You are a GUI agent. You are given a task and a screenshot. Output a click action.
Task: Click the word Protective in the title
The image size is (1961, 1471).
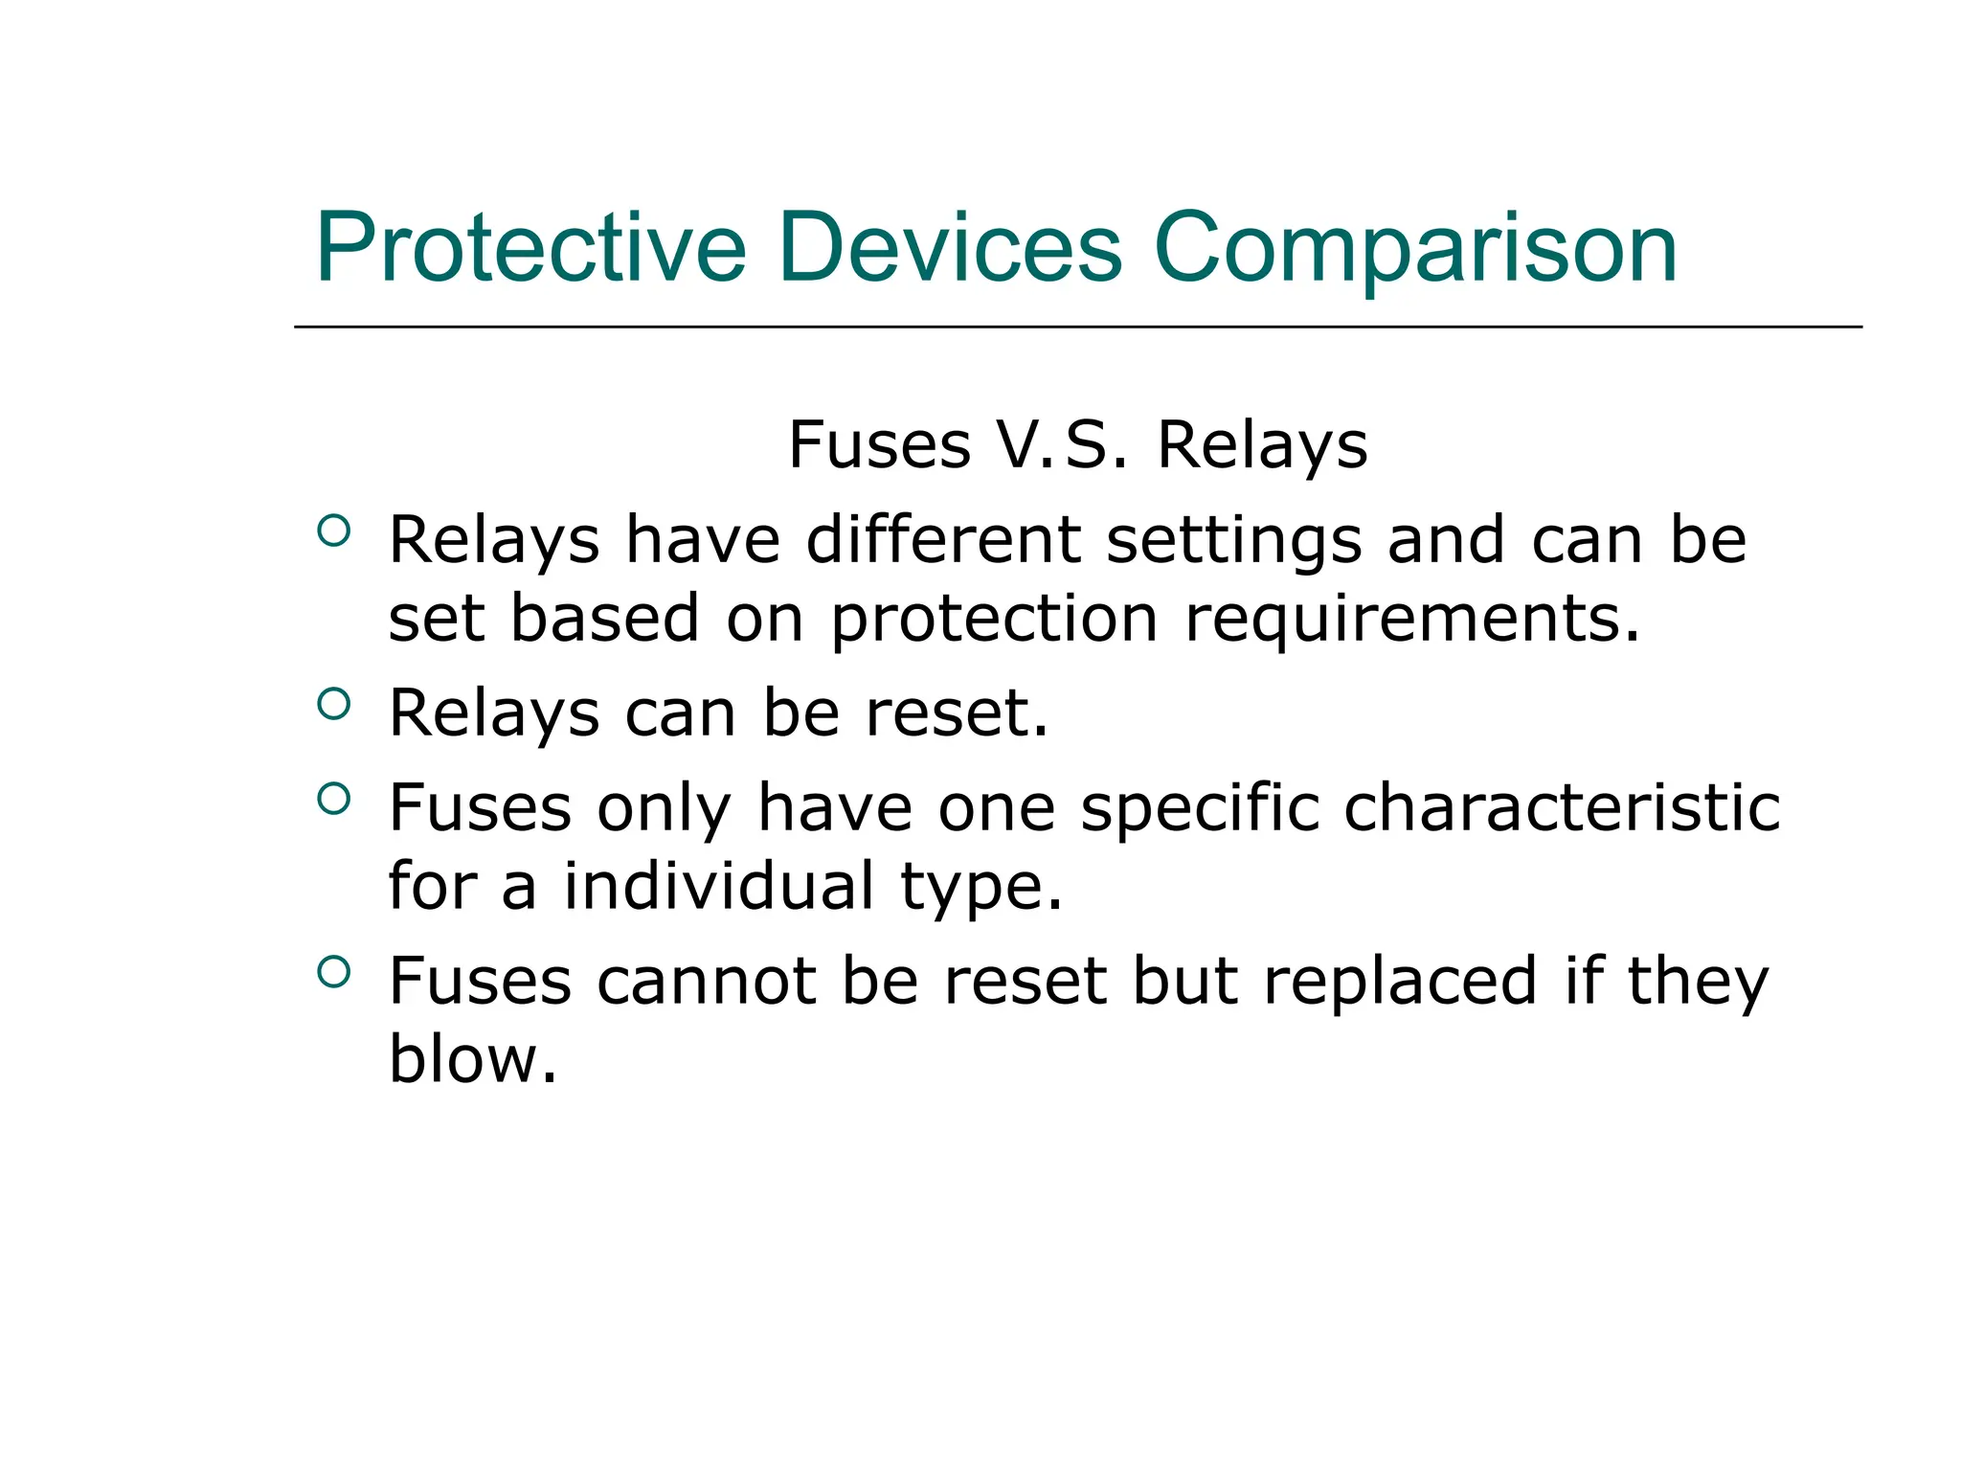tap(530, 248)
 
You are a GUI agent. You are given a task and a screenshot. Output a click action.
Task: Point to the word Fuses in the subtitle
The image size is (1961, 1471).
tap(879, 445)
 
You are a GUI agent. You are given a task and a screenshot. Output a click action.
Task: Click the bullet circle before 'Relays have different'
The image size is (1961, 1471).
tap(333, 531)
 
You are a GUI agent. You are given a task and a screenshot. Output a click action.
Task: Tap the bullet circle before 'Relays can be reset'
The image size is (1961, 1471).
tap(333, 704)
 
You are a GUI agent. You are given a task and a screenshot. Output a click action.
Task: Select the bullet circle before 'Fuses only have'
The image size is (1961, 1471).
tap(333, 798)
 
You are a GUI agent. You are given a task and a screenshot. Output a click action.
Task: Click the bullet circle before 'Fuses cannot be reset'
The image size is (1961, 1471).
tap(333, 972)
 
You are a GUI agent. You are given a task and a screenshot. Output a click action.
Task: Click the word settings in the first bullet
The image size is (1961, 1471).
tap(1233, 541)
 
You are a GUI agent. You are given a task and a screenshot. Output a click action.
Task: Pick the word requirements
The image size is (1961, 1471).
tap(1412, 620)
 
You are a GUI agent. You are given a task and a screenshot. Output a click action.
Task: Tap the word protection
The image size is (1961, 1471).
tap(994, 620)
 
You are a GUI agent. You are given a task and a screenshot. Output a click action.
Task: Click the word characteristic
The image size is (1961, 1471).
tap(1562, 808)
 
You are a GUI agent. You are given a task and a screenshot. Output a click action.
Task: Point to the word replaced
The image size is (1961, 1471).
tap(1400, 983)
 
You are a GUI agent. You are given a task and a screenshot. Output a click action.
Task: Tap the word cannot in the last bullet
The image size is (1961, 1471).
tap(707, 983)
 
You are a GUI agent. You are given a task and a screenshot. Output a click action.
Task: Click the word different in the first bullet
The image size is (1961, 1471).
tap(943, 541)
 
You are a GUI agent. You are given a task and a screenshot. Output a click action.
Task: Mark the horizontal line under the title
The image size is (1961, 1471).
tap(1077, 327)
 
